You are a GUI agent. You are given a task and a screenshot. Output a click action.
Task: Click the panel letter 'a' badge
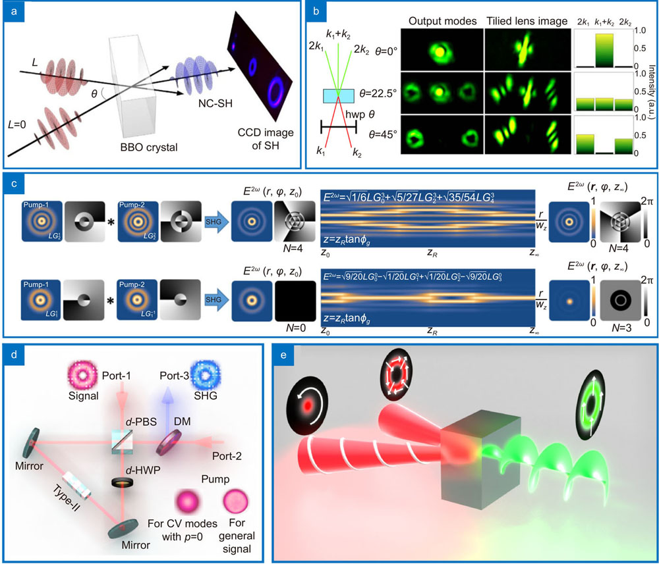point(13,13)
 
